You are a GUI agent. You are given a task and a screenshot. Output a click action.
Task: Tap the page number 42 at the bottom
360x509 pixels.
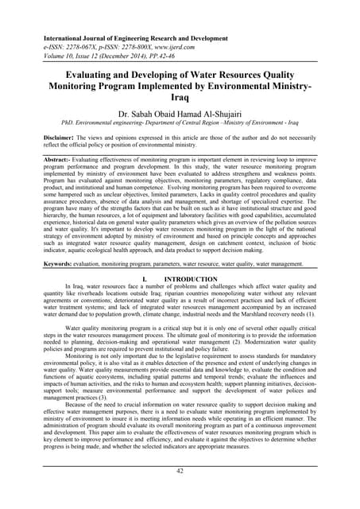point(180,493)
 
